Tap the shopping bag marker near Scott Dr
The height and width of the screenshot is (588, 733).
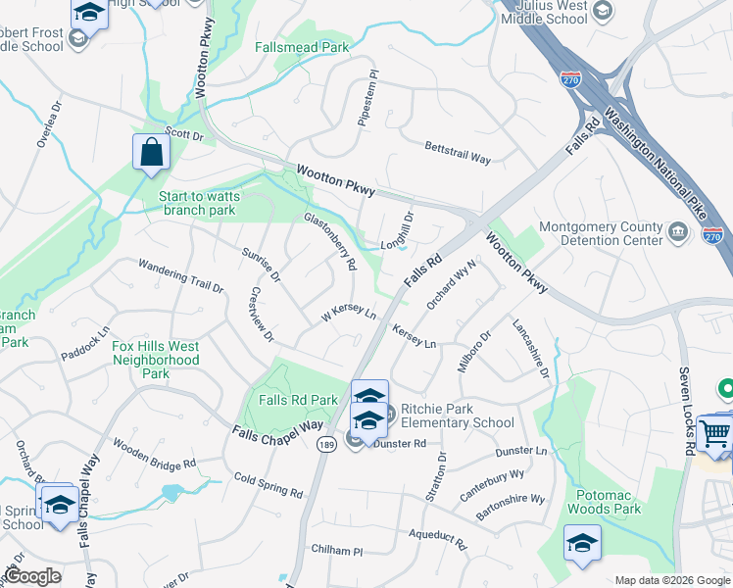(151, 154)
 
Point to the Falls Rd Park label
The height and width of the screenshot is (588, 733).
(299, 400)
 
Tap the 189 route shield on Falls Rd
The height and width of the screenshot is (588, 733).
(326, 445)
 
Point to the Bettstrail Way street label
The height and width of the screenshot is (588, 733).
(458, 151)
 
